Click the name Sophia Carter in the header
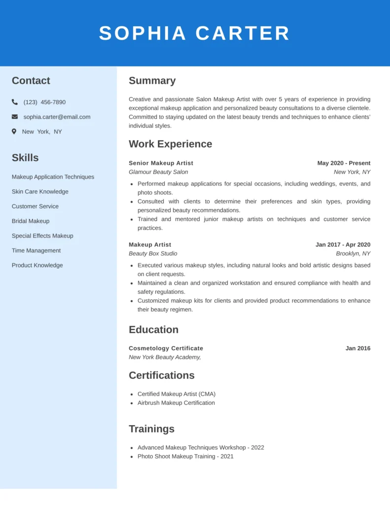coord(194,33)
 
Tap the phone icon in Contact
coord(15,102)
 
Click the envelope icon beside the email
coord(15,117)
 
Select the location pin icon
coord(14,132)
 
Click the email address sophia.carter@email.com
coord(57,117)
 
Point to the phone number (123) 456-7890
coord(44,102)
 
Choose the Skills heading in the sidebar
coord(25,158)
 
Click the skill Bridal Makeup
coord(31,221)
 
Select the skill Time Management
coord(36,251)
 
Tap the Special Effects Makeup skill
coord(42,236)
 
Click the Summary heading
coord(152,81)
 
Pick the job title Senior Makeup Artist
coord(161,163)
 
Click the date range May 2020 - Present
coord(344,163)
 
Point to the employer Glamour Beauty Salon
coord(158,172)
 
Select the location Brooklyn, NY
coord(353,253)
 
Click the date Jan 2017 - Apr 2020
coord(343,245)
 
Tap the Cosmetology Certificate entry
coord(166,348)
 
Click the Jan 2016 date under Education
coord(357,348)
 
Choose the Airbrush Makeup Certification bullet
coord(176,403)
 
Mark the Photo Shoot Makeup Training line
coord(185,457)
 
